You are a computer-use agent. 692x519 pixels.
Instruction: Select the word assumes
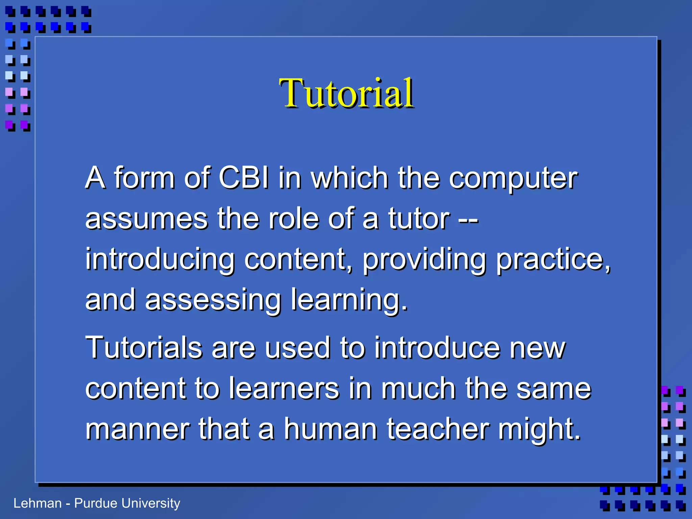[x=146, y=219]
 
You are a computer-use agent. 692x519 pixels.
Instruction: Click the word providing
[x=424, y=259]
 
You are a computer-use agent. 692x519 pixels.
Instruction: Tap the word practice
[x=553, y=259]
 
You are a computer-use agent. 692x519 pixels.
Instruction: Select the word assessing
[x=213, y=300]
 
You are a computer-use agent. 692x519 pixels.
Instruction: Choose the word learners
[x=284, y=389]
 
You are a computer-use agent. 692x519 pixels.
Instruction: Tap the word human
[x=330, y=429]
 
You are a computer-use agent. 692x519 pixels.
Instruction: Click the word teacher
[x=438, y=429]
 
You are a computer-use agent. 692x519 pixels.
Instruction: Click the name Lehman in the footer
[x=37, y=503]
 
